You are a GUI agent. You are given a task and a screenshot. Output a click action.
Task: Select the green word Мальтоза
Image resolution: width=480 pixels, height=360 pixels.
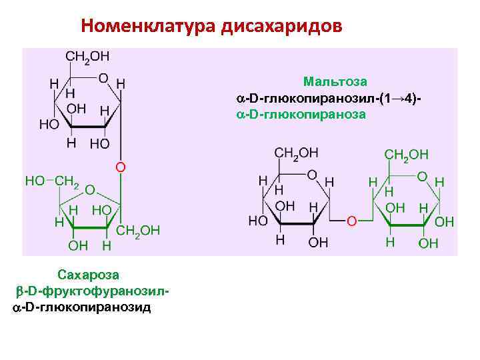tap(335, 82)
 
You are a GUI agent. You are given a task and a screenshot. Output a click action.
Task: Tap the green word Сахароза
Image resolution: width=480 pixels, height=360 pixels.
tap(88, 274)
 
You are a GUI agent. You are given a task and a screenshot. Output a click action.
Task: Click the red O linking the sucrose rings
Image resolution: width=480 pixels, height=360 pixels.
tap(121, 166)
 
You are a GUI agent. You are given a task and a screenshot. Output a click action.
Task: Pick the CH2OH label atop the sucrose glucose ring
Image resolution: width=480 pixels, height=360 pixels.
tap(87, 57)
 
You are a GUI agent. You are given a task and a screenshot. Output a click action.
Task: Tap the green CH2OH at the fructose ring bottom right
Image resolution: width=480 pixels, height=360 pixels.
tap(138, 231)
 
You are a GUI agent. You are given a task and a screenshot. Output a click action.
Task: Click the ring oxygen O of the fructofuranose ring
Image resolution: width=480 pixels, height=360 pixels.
tap(89, 189)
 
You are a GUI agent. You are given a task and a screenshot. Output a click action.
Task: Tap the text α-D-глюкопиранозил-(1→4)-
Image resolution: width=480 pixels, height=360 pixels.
tap(329, 99)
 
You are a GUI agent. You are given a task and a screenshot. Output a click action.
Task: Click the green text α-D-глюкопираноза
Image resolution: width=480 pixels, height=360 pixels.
tap(301, 114)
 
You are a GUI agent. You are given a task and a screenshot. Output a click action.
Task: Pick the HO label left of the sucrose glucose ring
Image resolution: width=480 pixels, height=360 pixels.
tap(49, 124)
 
